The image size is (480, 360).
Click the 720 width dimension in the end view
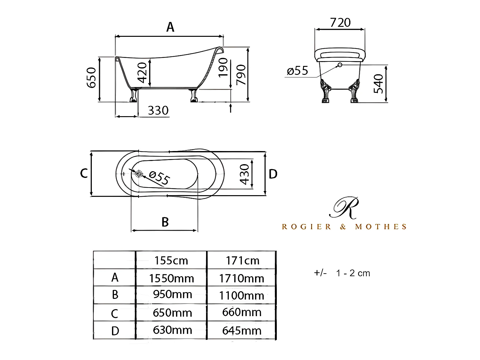pyautogui.click(x=340, y=22)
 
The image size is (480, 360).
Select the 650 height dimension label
pyautogui.click(x=92, y=78)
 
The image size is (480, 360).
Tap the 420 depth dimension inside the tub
pyautogui.click(x=142, y=72)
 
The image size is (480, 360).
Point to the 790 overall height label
pyautogui.click(x=241, y=75)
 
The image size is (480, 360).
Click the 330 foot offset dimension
pyautogui.click(x=158, y=110)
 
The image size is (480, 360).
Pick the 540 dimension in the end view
pyautogui.click(x=379, y=84)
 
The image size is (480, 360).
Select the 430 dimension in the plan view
pyautogui.click(x=244, y=174)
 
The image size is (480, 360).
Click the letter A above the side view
pyautogui.click(x=170, y=27)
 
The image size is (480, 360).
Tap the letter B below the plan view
pyautogui.click(x=165, y=222)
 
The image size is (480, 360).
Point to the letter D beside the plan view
pyautogui.click(x=273, y=174)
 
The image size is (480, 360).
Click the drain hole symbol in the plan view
pyautogui.click(x=139, y=173)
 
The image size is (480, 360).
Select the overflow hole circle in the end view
pyautogui.click(x=340, y=65)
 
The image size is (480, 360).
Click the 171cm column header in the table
pyautogui.click(x=242, y=260)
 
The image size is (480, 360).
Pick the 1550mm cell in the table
pyautogui.click(x=171, y=278)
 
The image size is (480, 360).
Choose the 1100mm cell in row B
pyautogui.click(x=242, y=295)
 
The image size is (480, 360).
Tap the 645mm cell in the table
pyautogui.click(x=242, y=331)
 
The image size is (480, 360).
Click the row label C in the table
pyautogui.click(x=115, y=314)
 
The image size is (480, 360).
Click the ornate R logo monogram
pyautogui.click(x=344, y=208)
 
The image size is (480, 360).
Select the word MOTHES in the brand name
pyautogui.click(x=381, y=227)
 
